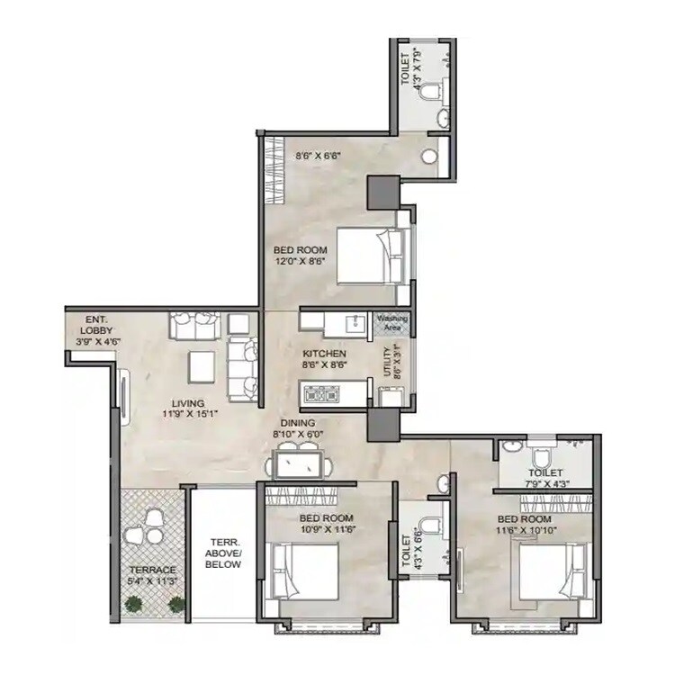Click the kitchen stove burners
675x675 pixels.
[x=323, y=391]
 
